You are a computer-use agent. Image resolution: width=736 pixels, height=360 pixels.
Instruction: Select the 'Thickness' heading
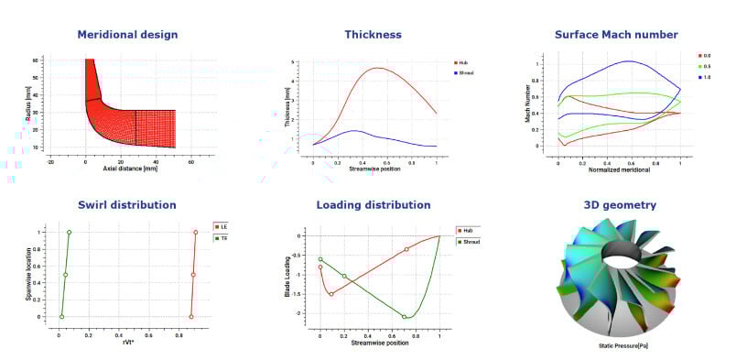pyautogui.click(x=373, y=35)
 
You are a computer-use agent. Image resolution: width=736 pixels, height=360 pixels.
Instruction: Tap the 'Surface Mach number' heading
pyautogui.click(x=616, y=35)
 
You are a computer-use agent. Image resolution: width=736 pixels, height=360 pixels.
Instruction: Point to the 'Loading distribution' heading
pyautogui.click(x=373, y=205)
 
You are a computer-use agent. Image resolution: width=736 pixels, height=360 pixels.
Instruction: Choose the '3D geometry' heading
pyautogui.click(x=617, y=205)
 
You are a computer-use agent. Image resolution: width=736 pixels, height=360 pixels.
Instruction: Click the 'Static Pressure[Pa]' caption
pyautogui.click(x=616, y=347)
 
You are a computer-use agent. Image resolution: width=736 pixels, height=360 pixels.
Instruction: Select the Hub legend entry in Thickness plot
pyautogui.click(x=463, y=62)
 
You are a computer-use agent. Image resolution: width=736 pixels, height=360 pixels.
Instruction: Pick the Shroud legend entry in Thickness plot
pyautogui.click(x=465, y=71)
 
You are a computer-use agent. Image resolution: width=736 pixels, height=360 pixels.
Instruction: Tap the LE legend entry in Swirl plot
pyautogui.click(x=221, y=226)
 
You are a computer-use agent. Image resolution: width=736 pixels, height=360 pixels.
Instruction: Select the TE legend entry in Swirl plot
pyautogui.click(x=221, y=237)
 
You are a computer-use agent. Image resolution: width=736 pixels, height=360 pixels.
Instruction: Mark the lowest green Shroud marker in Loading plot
pyautogui.click(x=404, y=317)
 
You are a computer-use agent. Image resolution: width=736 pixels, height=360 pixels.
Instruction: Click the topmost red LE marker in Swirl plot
pyautogui.click(x=195, y=232)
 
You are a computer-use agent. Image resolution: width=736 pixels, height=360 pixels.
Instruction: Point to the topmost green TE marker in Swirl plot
pyautogui.click(x=69, y=232)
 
